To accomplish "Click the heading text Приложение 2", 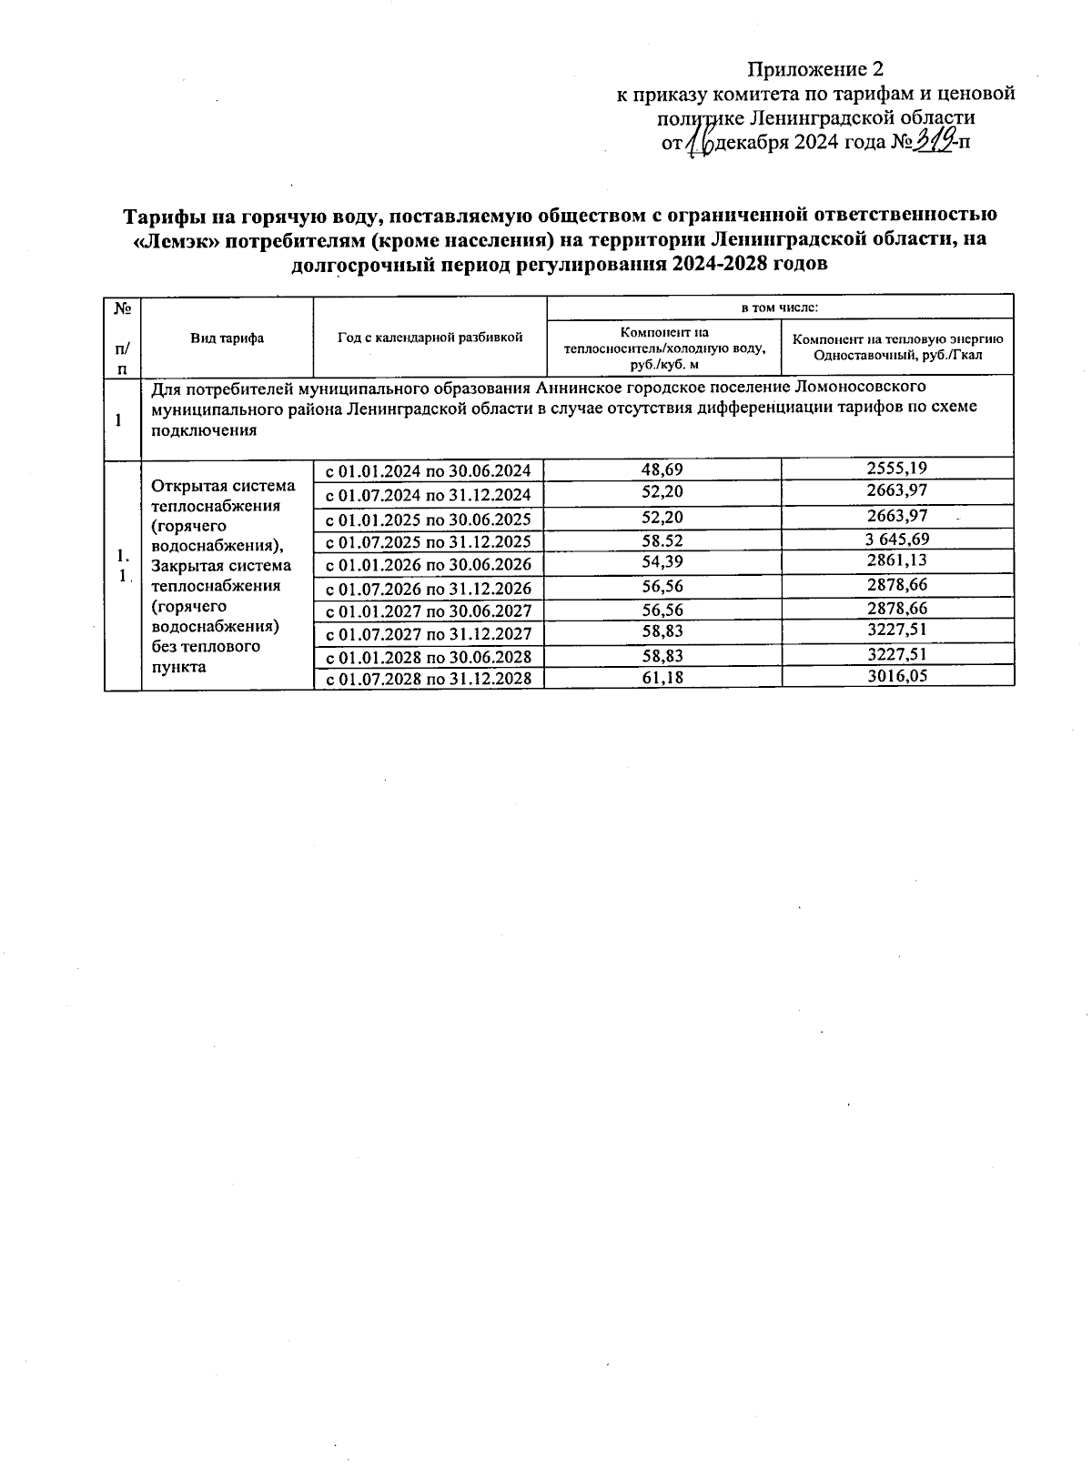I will point(815,69).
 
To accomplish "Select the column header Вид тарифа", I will point(227,338).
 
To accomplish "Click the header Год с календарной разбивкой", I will point(430,338).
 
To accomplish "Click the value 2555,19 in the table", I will point(897,469).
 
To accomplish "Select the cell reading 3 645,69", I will point(897,540).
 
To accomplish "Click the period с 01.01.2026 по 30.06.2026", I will point(429,564).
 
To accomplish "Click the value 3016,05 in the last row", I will point(897,676).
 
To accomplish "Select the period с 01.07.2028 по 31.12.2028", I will point(429,679).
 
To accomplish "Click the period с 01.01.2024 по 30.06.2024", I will point(429,470).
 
